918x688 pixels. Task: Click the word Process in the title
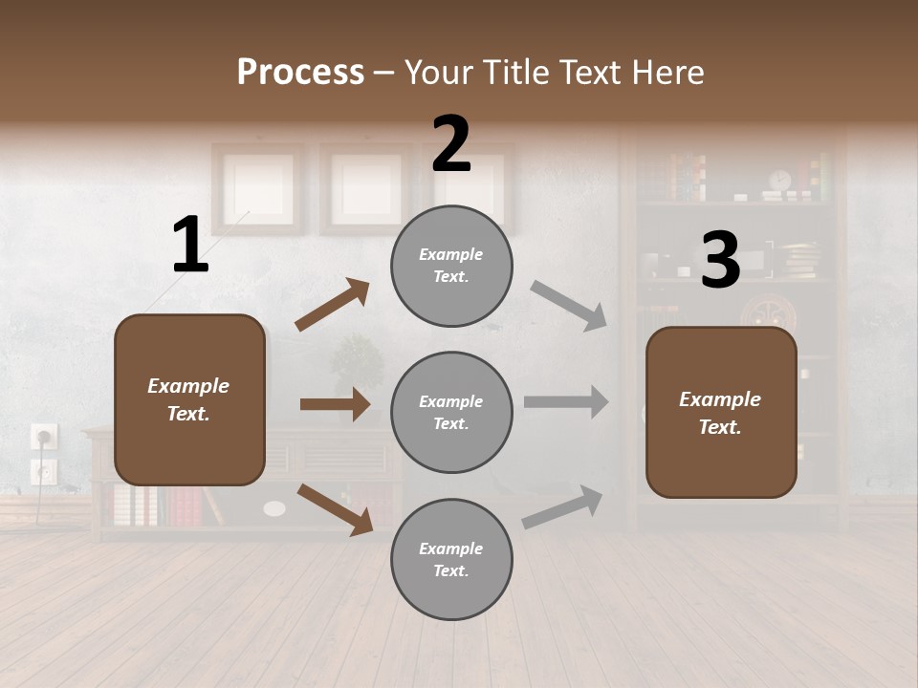(300, 72)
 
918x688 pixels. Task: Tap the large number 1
(190, 246)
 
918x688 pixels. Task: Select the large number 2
(451, 144)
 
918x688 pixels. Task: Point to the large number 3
(720, 261)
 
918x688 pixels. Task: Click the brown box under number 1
(189, 399)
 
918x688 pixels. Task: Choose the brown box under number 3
(721, 413)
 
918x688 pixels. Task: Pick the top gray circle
(451, 266)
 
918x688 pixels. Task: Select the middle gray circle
(451, 413)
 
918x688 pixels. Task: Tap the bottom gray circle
(451, 560)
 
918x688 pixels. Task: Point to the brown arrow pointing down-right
(335, 508)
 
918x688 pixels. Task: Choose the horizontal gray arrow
(565, 402)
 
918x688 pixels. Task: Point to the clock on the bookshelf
(780, 180)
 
